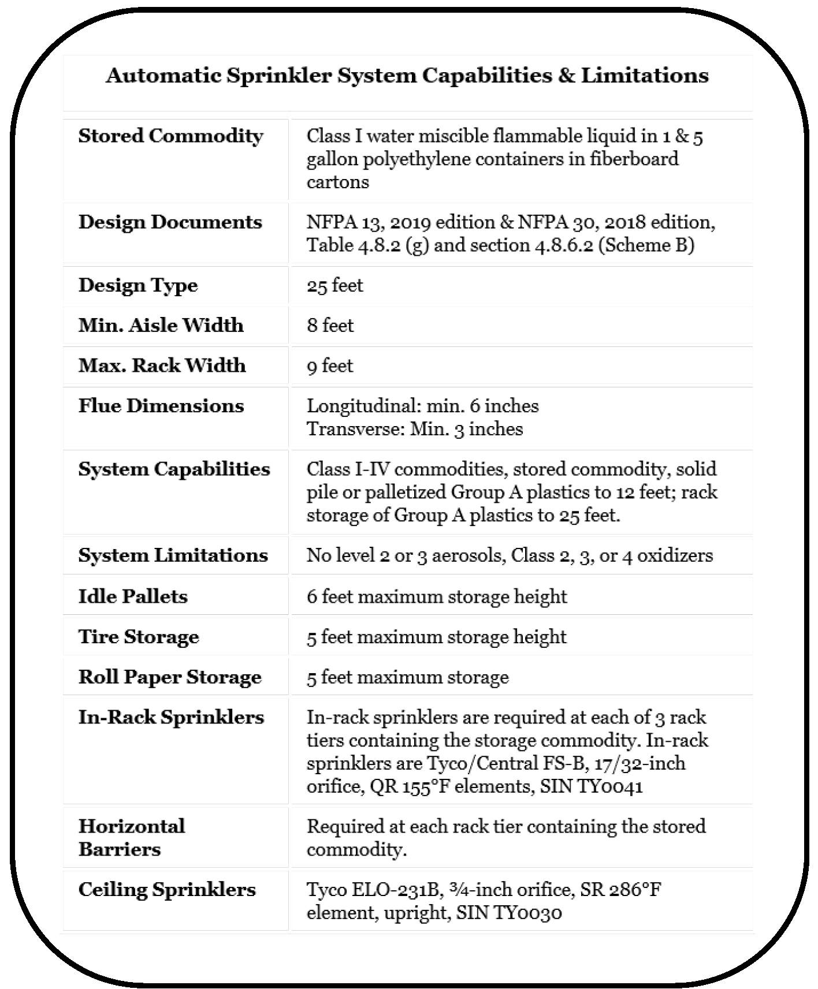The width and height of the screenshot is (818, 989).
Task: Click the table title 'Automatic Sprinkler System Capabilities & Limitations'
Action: pos(407,76)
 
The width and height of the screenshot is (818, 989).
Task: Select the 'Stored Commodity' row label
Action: pos(171,136)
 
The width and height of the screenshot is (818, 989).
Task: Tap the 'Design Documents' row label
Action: pos(170,222)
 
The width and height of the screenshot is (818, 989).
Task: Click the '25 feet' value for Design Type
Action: pos(335,285)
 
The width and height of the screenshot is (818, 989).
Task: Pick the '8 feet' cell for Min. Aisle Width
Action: pos(330,326)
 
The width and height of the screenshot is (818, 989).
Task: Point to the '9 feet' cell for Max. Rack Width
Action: pos(330,366)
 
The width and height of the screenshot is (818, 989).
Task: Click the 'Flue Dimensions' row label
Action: pos(161,406)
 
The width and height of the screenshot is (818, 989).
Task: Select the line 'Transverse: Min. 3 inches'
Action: pos(415,429)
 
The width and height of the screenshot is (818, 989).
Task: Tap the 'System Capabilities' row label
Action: pos(174,469)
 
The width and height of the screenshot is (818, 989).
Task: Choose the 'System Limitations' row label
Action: pos(173,555)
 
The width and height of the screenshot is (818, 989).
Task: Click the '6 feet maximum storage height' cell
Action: pos(437,596)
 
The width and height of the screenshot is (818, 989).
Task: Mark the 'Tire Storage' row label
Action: pos(139,637)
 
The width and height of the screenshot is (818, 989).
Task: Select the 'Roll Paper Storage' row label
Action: pos(170,677)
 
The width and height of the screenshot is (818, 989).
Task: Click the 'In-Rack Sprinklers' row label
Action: pos(172,718)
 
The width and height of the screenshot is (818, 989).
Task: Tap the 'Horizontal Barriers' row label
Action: pos(132,838)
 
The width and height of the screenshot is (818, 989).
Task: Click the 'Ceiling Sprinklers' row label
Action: pos(167,890)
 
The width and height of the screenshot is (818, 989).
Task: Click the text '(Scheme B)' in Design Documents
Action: pos(646,245)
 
